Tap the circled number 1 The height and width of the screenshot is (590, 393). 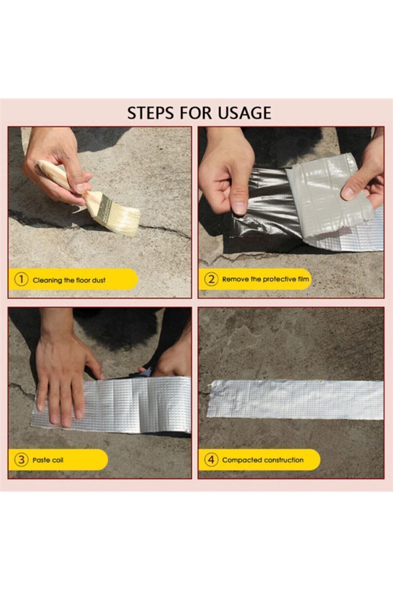(x=21, y=280)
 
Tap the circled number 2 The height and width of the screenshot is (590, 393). (x=211, y=279)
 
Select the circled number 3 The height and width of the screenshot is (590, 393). (x=21, y=460)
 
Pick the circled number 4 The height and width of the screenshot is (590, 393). (x=211, y=460)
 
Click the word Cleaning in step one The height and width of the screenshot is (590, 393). (x=47, y=280)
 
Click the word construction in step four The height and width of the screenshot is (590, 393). (x=284, y=460)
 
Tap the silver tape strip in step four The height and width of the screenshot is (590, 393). (x=295, y=399)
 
